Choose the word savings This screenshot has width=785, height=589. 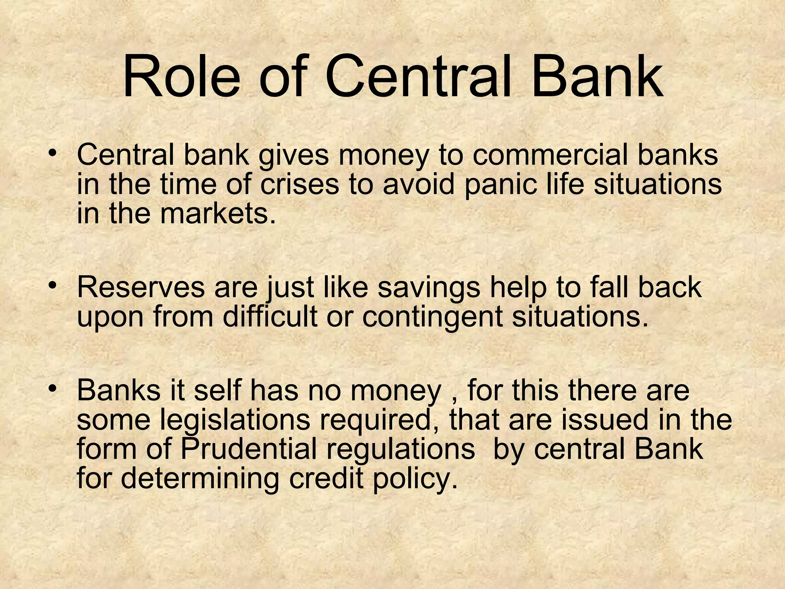click(429, 288)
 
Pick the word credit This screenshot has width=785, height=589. click(326, 478)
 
